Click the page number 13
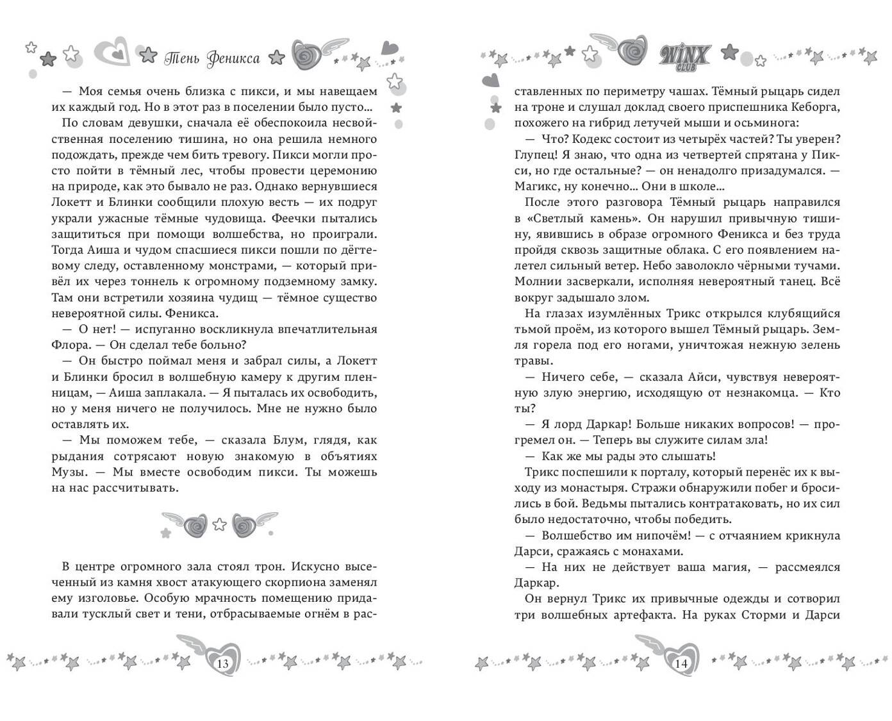tap(223, 663)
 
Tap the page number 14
tap(681, 663)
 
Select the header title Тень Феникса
tap(212, 59)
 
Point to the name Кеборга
tap(814, 108)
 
